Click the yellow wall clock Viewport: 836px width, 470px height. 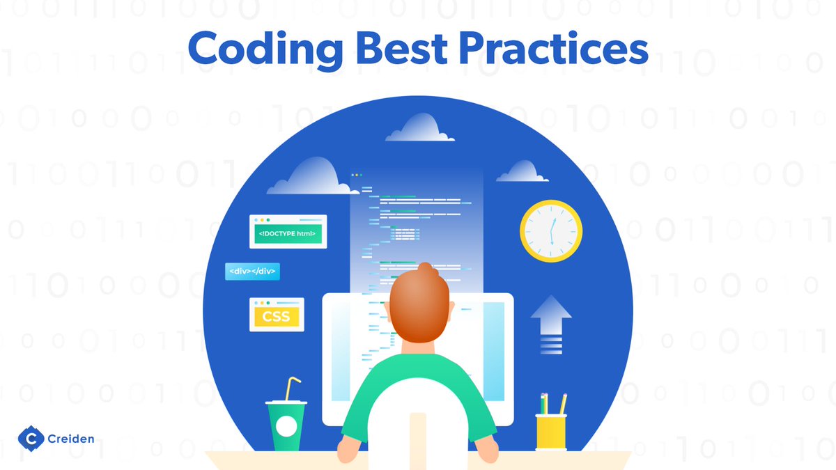[x=551, y=230]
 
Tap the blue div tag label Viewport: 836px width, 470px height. [x=252, y=271]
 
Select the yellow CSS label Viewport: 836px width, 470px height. [x=276, y=317]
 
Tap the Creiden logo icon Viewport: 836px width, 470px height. [x=31, y=438]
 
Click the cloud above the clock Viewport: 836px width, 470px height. [x=522, y=172]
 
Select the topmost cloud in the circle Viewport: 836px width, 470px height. [x=419, y=128]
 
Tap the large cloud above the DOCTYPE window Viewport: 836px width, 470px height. [x=310, y=177]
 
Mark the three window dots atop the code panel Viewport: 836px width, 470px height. [x=357, y=175]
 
